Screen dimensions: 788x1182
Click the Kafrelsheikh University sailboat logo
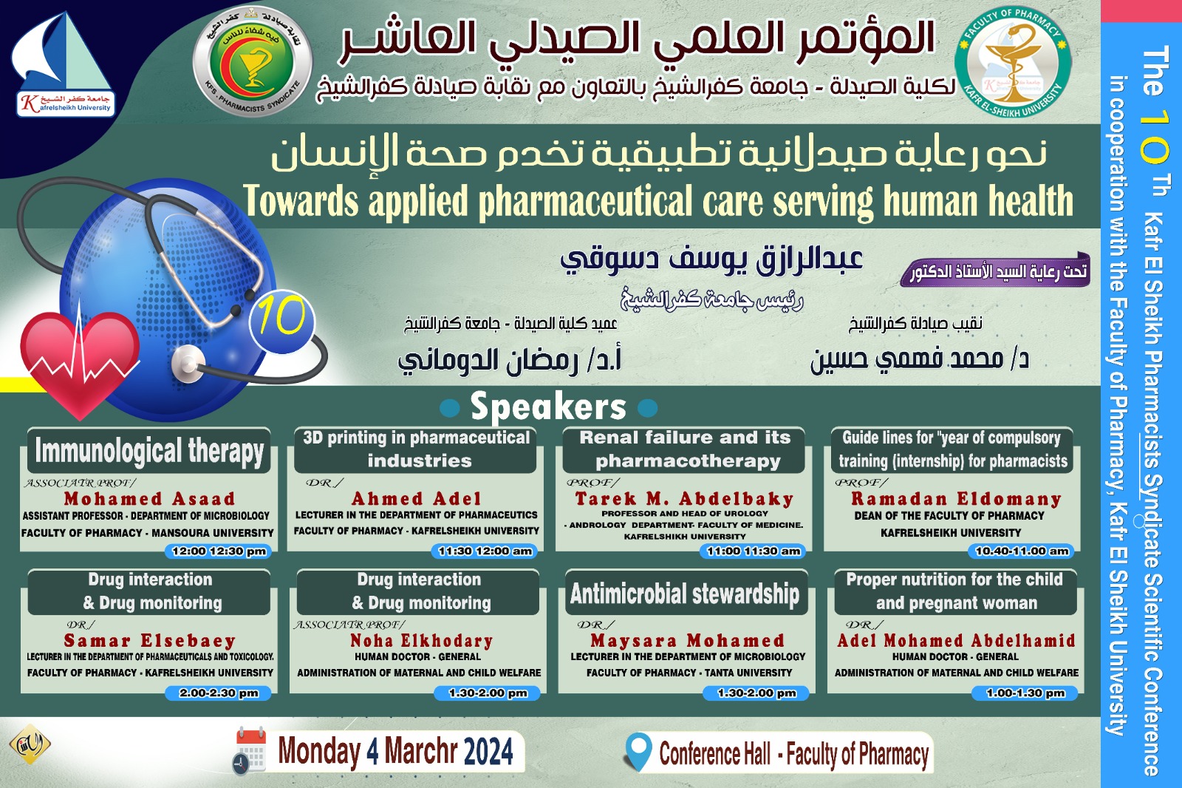[64, 65]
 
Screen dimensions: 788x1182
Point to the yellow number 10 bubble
[282, 319]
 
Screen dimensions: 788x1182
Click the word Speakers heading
[548, 407]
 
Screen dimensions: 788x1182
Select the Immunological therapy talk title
[149, 451]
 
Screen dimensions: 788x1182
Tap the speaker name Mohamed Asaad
[149, 499]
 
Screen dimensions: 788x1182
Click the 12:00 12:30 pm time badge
[219, 551]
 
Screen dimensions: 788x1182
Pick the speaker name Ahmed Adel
[417, 499]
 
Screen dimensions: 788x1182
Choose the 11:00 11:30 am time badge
[754, 551]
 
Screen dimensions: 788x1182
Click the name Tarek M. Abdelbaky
[685, 499]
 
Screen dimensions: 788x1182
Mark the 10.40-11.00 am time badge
[1022, 551]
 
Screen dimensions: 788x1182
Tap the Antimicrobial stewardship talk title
[685, 594]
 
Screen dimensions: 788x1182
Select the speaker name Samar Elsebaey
[149, 640]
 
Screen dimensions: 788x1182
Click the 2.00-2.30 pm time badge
[219, 693]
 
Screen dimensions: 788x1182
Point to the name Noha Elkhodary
[421, 640]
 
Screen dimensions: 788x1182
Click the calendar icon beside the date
[250, 750]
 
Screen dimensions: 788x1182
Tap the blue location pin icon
[638, 752]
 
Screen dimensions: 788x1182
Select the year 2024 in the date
[489, 753]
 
